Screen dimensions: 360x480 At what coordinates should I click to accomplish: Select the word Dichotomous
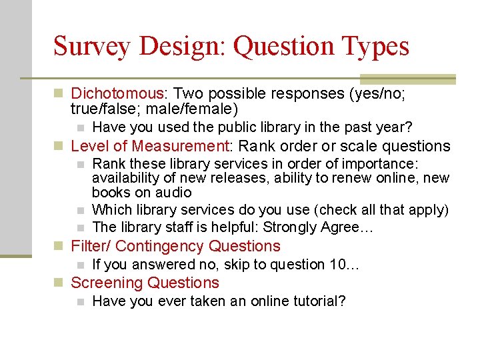[x=117, y=93]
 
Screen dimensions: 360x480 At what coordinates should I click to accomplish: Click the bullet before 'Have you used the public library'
[x=80, y=127]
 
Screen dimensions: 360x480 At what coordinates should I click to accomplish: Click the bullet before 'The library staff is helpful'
[x=80, y=228]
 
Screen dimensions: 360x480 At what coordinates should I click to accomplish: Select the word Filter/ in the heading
[x=91, y=246]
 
